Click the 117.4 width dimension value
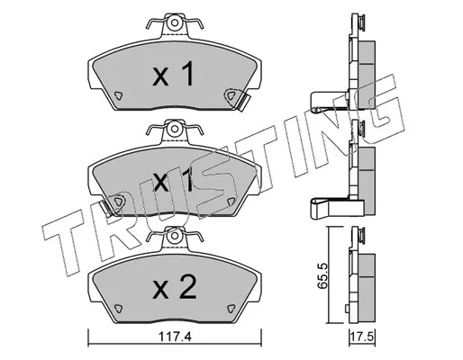tap(174, 337)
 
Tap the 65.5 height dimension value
tap(322, 275)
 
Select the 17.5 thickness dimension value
tap(362, 337)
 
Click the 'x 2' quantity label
tap(174, 287)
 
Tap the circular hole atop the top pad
tap(174, 23)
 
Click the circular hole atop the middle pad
tap(174, 129)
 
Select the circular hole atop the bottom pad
tap(174, 237)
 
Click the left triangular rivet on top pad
tap(119, 95)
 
